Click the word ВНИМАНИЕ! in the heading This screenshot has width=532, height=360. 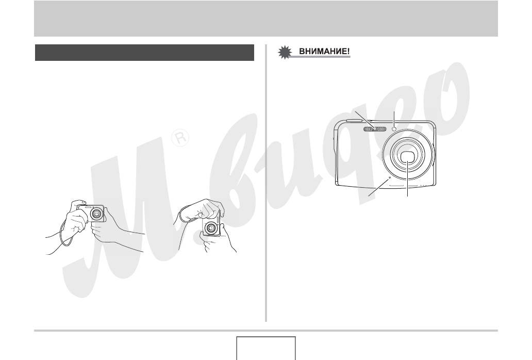click(324, 52)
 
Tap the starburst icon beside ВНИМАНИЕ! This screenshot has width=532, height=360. click(285, 53)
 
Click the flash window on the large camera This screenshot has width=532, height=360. click(375, 129)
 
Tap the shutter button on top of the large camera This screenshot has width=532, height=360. click(354, 120)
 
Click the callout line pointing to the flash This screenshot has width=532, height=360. click(365, 120)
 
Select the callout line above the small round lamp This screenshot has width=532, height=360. click(394, 119)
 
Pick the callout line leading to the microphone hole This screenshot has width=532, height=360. click(379, 187)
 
